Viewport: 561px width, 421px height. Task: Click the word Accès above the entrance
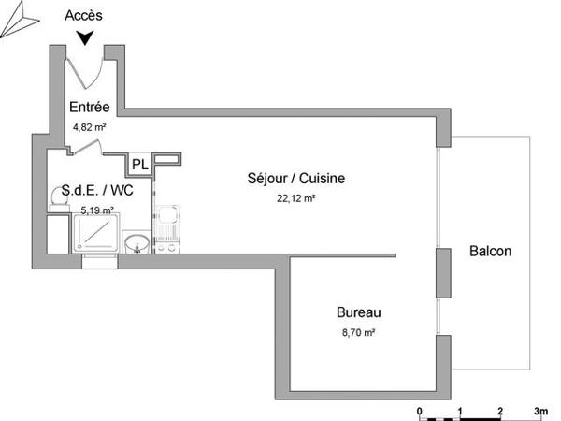86,16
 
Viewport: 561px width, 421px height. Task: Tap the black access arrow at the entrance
86,37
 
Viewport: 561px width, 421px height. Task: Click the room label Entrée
90,108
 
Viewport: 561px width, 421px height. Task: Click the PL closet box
139,165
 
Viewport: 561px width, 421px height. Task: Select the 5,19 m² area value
96,210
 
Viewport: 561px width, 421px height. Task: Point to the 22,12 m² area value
295,198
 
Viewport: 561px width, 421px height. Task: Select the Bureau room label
359,312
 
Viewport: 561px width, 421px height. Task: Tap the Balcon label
490,252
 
